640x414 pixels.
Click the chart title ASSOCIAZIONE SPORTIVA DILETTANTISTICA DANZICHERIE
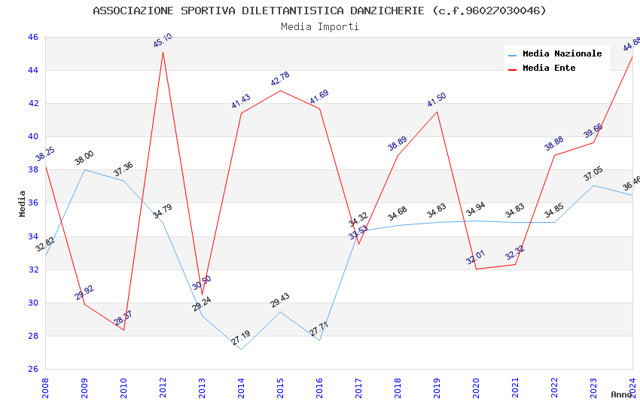coord(319,11)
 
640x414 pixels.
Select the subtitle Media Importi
coord(319,26)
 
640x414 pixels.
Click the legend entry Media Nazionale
coord(562,54)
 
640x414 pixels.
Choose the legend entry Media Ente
coord(549,68)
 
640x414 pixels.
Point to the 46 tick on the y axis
coord(32,37)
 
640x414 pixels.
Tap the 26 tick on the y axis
coord(32,369)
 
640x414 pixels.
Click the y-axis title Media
coord(23,203)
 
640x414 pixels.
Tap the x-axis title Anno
coord(621,394)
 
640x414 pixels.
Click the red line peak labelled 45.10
coord(163,51)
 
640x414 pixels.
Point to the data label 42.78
coord(280,79)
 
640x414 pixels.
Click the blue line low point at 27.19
coord(241,349)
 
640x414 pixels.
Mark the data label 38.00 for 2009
coord(84,158)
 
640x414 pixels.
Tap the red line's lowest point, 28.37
coord(123,330)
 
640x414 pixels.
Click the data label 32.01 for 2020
coord(476,258)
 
